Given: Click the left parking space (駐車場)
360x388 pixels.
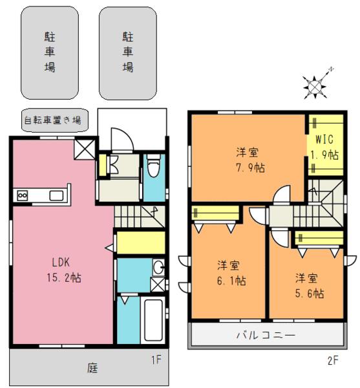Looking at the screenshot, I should (x=50, y=52).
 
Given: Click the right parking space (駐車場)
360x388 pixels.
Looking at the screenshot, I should (x=128, y=52).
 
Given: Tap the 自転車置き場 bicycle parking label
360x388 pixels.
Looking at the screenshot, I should (x=52, y=120).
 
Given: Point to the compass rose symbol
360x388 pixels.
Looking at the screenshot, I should (x=315, y=84).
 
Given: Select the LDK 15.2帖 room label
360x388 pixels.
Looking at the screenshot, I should (x=62, y=270).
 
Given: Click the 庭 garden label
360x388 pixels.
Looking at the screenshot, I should (x=92, y=369).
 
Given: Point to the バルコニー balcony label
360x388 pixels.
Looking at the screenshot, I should (x=265, y=336).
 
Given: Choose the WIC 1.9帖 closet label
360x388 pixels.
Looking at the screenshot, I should (x=326, y=147).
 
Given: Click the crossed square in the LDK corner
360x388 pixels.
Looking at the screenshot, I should (x=83, y=151).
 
